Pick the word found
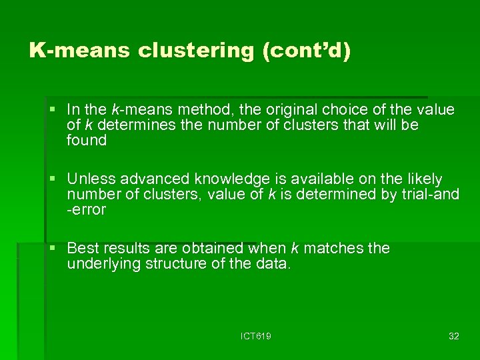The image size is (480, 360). click(x=87, y=140)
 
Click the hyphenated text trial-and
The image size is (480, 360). click(x=428, y=194)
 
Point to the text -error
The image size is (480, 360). click(x=87, y=210)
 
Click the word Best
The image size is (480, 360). click(x=82, y=248)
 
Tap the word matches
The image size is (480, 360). click(x=329, y=248)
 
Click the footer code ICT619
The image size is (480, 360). click(x=256, y=336)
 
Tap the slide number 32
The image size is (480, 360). click(x=453, y=336)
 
